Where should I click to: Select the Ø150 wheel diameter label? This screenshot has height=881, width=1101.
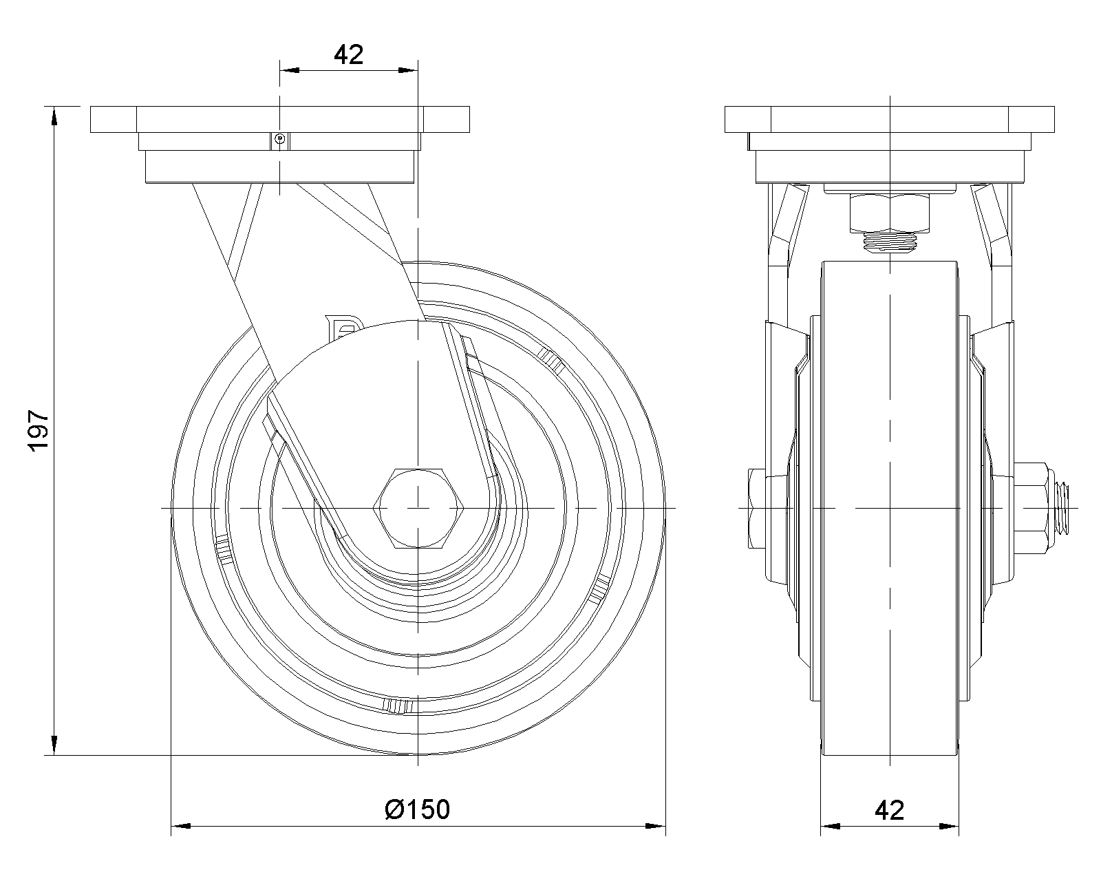(x=417, y=809)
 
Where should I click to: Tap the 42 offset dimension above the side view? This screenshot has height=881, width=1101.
(x=348, y=54)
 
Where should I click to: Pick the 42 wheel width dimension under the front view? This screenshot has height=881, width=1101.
(x=889, y=810)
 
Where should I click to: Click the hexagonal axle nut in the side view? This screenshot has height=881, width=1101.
(x=418, y=509)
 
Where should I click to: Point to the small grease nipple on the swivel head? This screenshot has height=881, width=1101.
(x=279, y=140)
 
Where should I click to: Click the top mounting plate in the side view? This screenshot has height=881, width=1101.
(x=279, y=119)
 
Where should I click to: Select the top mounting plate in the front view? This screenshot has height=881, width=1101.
(x=890, y=119)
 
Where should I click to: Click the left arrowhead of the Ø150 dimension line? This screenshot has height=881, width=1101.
(x=179, y=825)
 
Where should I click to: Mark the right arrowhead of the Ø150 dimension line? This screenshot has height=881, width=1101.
(x=657, y=825)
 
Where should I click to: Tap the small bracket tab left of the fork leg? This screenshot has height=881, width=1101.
(x=341, y=328)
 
